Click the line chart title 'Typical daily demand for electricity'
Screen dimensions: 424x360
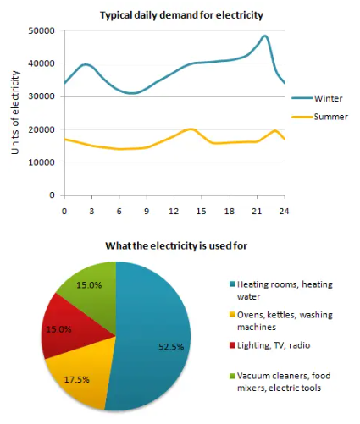coord(181,15)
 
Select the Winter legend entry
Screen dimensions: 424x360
coord(326,98)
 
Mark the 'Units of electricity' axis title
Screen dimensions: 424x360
coord(15,113)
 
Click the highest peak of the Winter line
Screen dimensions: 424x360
coord(265,36)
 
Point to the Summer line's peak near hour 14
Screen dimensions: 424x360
coord(192,129)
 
